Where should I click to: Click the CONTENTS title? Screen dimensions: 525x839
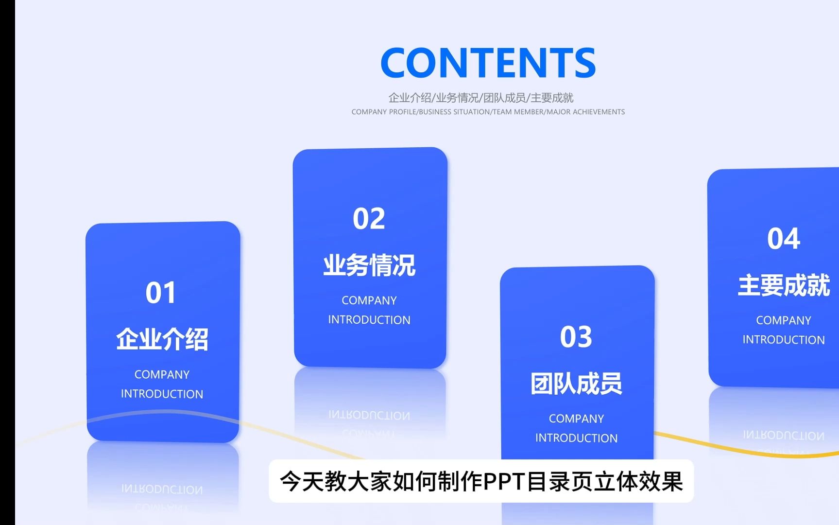(x=488, y=63)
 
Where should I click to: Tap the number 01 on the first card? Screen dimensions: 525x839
(x=161, y=293)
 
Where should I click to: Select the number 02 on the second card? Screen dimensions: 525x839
(x=369, y=219)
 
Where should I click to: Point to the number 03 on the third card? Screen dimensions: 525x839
(x=576, y=337)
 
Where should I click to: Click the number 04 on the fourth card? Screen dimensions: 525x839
(x=783, y=239)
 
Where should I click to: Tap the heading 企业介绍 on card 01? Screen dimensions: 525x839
(x=162, y=339)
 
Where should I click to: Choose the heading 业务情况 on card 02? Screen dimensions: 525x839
(x=369, y=265)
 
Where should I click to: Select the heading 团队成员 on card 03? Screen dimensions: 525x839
(x=576, y=384)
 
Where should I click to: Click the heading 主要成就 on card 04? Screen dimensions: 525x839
(x=784, y=285)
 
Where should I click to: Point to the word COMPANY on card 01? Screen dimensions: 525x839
(x=162, y=374)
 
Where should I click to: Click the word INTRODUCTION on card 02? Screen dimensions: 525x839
(x=369, y=320)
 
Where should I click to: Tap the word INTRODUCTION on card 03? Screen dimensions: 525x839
(x=576, y=438)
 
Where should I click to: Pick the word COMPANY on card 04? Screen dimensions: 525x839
(x=784, y=320)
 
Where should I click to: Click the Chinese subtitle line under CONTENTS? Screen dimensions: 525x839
(x=481, y=98)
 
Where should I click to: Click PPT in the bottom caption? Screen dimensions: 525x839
(x=504, y=482)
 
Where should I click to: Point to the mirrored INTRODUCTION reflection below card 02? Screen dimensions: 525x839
(x=369, y=415)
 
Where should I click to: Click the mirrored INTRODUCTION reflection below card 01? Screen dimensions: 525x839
(x=162, y=489)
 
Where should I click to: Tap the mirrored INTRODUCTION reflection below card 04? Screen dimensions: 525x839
(x=784, y=436)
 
